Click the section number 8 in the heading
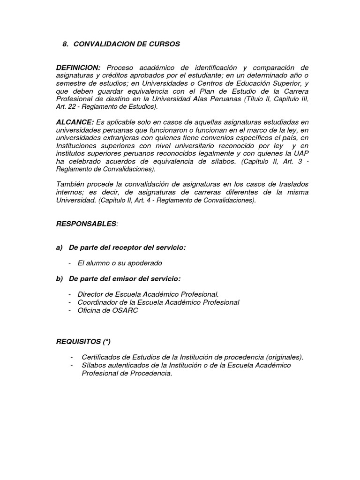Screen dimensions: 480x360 65,44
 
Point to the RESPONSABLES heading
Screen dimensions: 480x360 86,224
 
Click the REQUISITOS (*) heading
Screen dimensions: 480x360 83,341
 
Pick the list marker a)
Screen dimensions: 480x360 60,247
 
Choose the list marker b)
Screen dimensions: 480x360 60,278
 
